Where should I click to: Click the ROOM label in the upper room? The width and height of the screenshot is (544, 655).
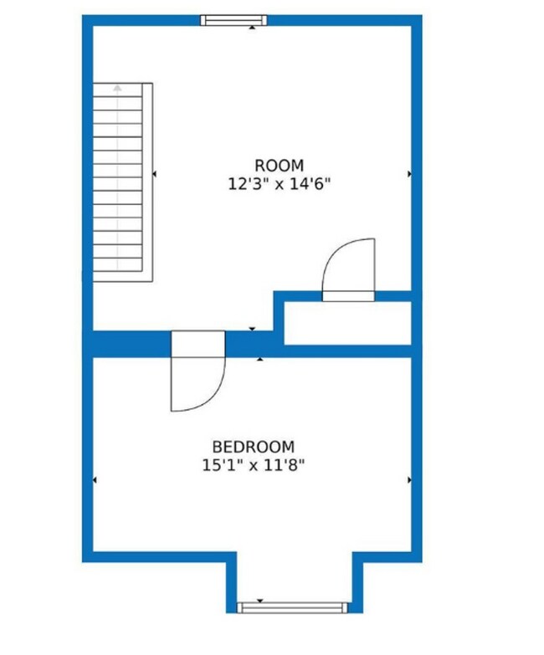[x=279, y=166]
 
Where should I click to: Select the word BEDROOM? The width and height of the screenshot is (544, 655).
[x=253, y=448]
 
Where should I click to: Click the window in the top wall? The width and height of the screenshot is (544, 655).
[x=234, y=20]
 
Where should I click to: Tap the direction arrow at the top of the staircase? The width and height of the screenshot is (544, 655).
[x=118, y=87]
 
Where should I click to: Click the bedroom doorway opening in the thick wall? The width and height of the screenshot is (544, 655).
[x=198, y=344]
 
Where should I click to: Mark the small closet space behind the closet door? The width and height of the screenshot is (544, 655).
[x=346, y=323]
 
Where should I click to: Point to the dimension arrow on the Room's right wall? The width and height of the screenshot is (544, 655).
[x=409, y=174]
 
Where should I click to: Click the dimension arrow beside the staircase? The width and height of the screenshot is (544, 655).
[x=154, y=174]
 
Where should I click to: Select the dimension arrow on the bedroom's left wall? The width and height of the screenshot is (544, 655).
[x=95, y=480]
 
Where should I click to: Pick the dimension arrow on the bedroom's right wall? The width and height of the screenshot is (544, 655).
[x=409, y=480]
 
